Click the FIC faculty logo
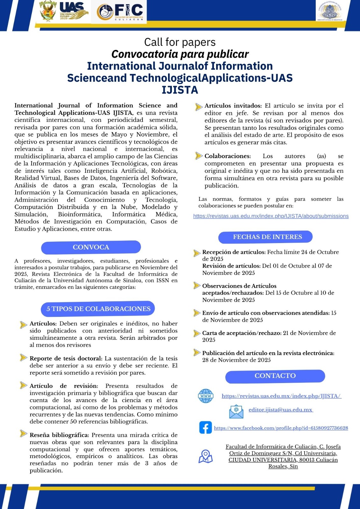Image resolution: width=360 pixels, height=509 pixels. [120, 12]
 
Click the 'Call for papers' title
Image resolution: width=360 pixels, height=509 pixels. [180, 42]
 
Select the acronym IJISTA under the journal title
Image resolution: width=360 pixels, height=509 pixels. [180, 90]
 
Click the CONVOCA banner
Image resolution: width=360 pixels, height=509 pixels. [91, 247]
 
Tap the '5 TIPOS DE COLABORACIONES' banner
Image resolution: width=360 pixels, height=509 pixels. [98, 309]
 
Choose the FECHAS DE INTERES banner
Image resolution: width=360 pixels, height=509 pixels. [265, 237]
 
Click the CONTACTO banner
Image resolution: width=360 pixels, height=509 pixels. [275, 376]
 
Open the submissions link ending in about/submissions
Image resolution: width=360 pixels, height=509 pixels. [271, 216]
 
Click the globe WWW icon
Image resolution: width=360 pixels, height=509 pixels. [206, 396]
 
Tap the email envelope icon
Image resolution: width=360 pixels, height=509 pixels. [236, 411]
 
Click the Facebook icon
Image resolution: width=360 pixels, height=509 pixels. [206, 428]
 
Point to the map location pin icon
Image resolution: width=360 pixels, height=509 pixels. [206, 456]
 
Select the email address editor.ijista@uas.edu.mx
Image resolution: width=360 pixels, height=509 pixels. [281, 410]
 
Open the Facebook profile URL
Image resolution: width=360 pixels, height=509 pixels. [281, 428]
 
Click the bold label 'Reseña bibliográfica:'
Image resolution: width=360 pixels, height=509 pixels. [59, 435]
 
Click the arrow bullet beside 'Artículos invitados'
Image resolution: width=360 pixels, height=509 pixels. [199, 107]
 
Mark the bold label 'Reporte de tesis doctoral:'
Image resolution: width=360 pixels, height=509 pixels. [66, 359]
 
